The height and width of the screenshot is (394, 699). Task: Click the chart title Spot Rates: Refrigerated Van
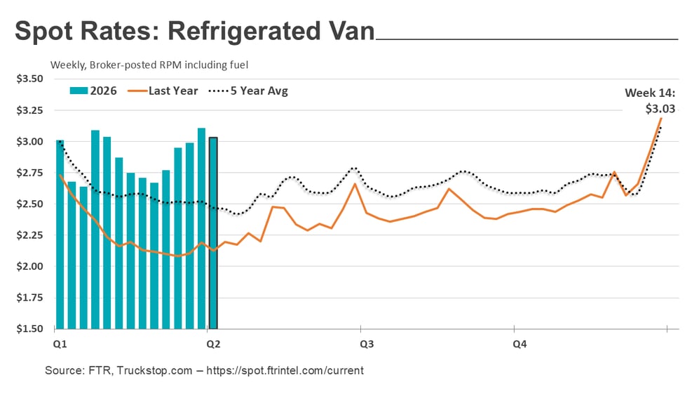(194, 32)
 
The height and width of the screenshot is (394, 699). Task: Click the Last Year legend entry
(165, 91)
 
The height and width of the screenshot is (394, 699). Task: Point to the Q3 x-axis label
(366, 344)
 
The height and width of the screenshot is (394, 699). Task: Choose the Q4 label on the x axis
(519, 344)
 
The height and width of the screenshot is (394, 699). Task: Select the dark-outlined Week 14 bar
(212, 232)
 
